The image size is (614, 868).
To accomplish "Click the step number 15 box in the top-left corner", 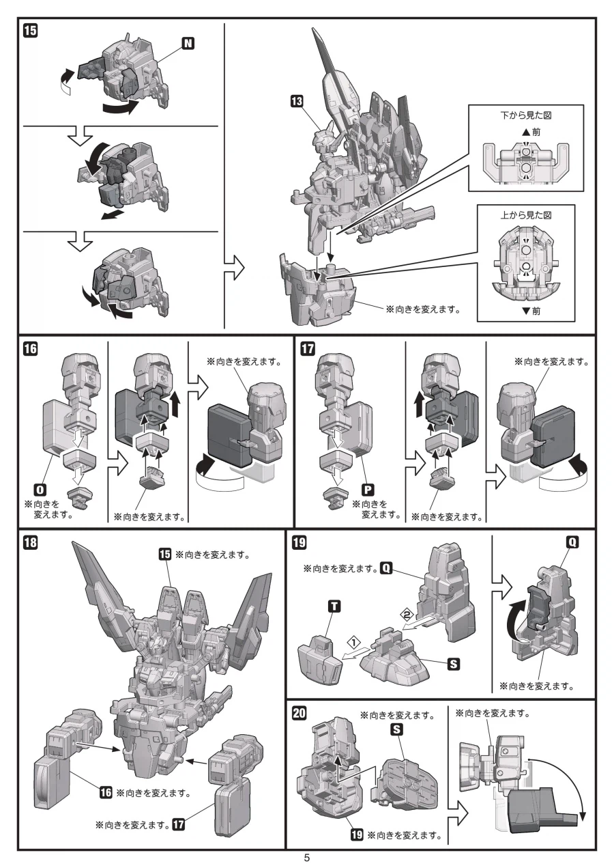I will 31,30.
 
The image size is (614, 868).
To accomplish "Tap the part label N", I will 188,44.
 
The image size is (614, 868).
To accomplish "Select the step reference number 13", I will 296,102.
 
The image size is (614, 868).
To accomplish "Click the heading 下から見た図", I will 525,117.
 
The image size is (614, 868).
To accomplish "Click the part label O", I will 40,490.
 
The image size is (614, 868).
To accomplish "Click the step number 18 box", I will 31,544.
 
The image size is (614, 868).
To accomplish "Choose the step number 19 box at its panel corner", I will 298,544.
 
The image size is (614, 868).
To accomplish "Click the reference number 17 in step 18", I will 179,824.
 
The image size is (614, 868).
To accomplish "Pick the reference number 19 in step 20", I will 356,835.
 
